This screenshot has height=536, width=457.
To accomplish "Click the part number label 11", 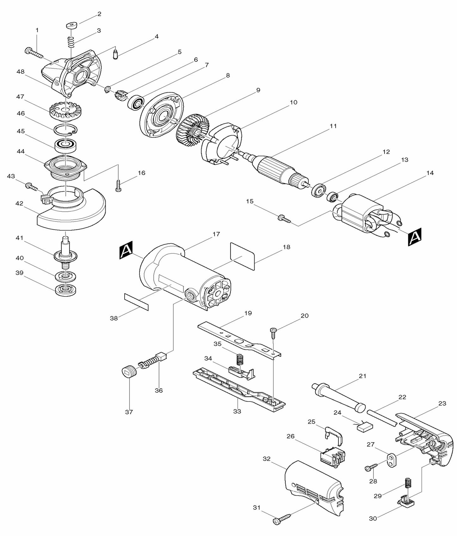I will click(333, 126).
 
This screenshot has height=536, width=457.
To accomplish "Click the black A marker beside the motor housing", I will click(126, 250).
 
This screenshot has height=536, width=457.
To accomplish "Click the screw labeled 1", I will click(33, 53).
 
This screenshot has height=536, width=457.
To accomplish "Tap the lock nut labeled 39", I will click(65, 290).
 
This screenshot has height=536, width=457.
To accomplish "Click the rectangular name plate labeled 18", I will click(243, 256).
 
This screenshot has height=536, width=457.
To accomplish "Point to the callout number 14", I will click(430, 173).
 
